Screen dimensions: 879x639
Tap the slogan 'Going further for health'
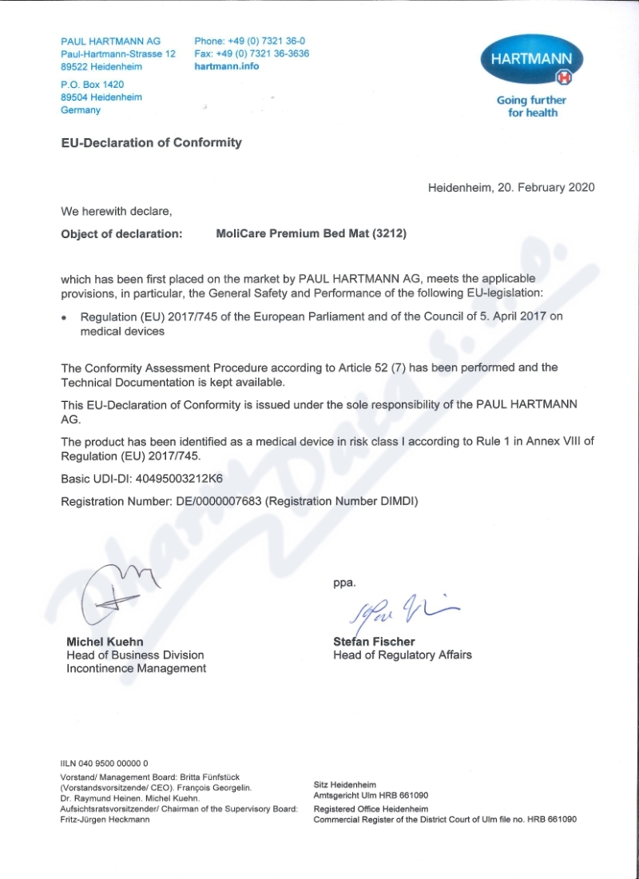click(x=532, y=106)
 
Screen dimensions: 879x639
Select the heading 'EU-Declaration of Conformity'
click(x=151, y=143)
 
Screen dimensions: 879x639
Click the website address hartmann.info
click(x=227, y=66)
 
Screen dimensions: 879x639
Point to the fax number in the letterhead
click(x=252, y=54)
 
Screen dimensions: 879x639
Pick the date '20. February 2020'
click(x=546, y=188)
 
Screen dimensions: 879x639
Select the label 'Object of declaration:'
click(x=121, y=234)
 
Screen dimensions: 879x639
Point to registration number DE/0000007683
click(x=218, y=501)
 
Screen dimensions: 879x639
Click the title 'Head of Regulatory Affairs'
click(x=402, y=655)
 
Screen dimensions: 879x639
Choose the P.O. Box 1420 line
click(x=92, y=84)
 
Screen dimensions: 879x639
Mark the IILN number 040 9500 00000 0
click(x=104, y=764)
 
